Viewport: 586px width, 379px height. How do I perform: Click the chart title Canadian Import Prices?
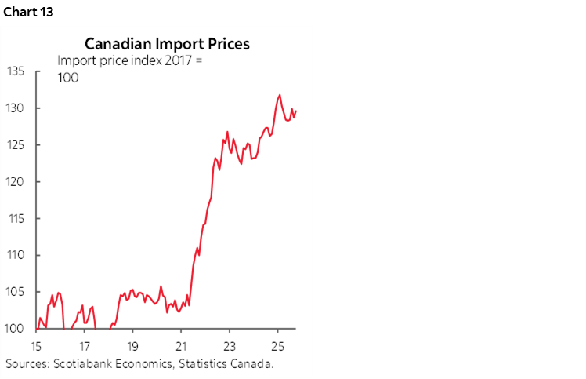[167, 44]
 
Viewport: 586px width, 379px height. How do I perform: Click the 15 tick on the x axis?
[35, 345]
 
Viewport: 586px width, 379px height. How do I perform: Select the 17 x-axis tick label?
[84, 345]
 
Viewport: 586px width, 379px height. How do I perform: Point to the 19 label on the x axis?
[132, 345]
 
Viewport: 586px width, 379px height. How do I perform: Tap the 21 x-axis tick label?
[181, 345]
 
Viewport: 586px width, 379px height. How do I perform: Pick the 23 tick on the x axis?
[230, 345]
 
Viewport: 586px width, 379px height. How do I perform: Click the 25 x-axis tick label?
[278, 345]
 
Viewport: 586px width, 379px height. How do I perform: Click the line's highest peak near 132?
[280, 95]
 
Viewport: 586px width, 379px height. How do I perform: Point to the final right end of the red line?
[296, 111]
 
